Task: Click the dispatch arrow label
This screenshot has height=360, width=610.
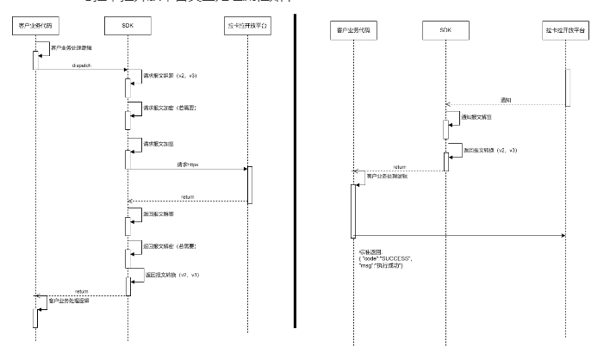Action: coord(71,65)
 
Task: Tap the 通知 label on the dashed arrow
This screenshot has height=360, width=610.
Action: coord(505,101)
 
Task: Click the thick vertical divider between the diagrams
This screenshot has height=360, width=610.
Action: coord(296,172)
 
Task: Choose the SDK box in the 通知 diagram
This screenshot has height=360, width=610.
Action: coord(445,30)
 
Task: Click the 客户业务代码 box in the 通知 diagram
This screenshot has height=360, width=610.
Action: coord(353,30)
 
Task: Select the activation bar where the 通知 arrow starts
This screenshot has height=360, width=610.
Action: coord(567,87)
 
